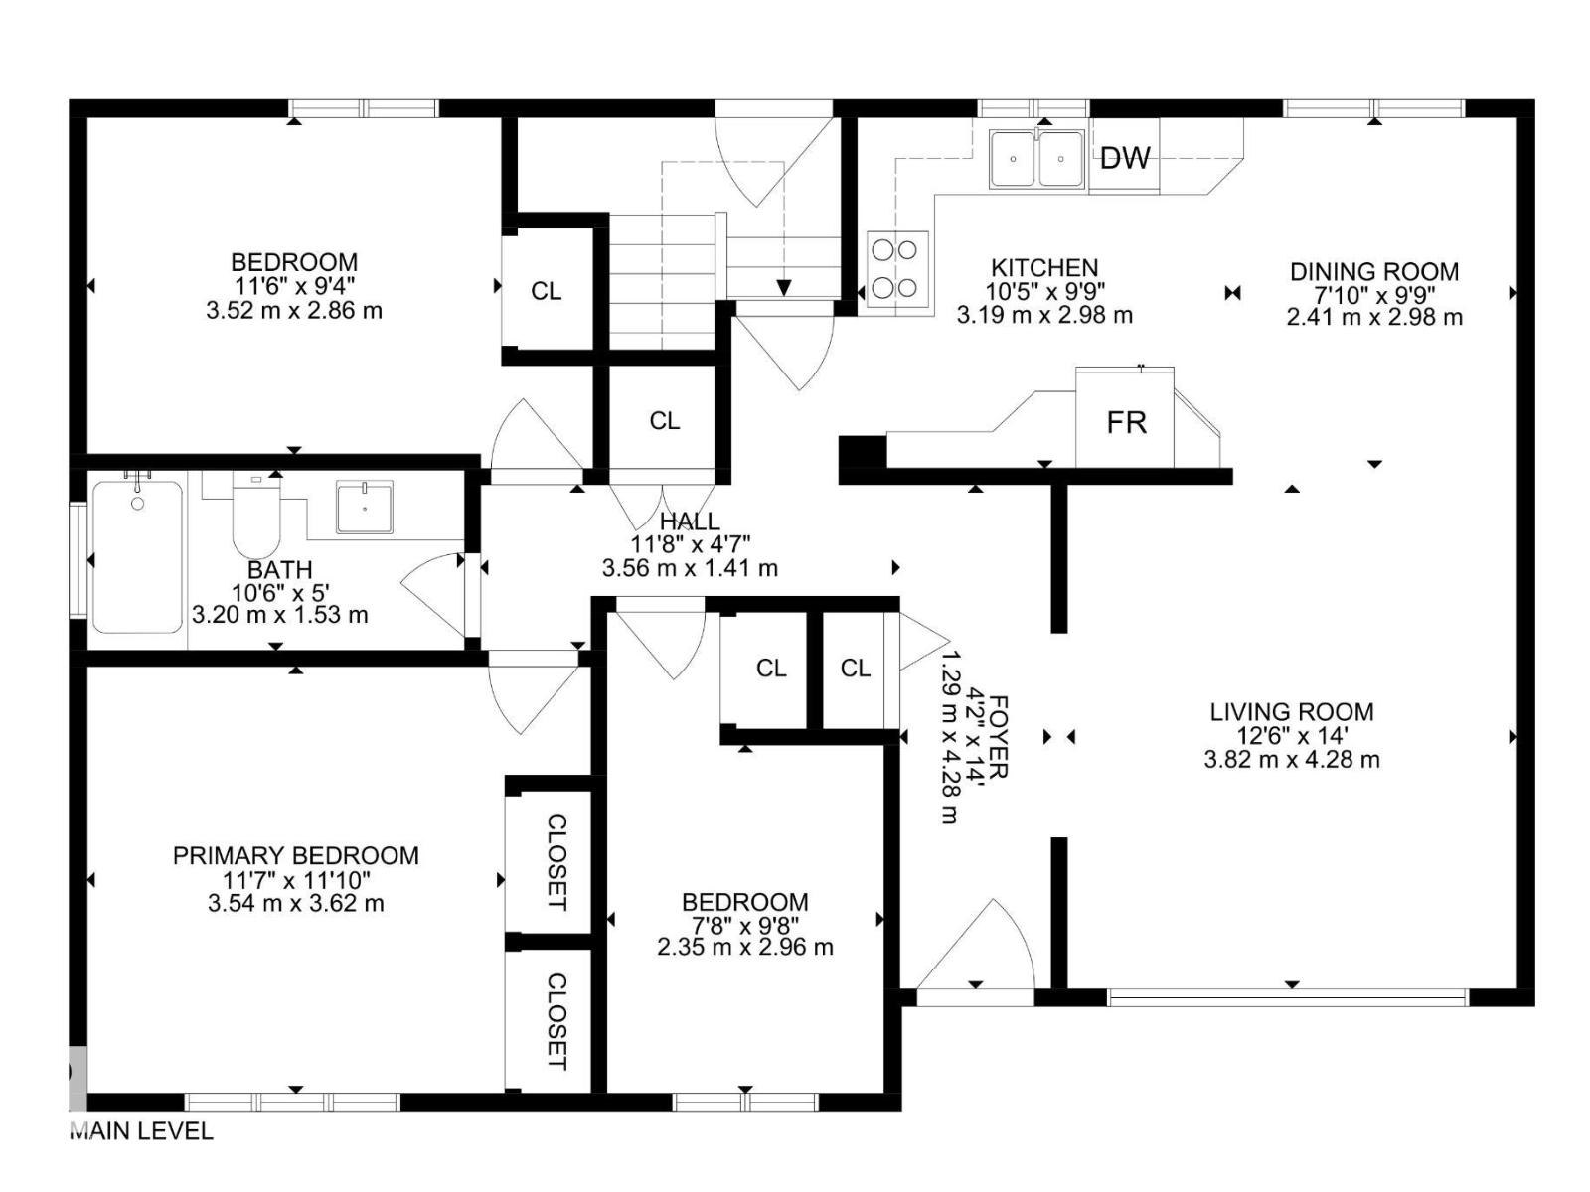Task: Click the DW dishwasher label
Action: click(1125, 157)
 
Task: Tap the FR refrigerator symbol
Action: click(1126, 422)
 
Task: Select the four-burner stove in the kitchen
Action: click(897, 268)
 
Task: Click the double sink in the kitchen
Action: click(1036, 159)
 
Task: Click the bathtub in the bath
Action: click(137, 557)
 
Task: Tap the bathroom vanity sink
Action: click(364, 507)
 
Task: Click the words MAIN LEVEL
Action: click(141, 1130)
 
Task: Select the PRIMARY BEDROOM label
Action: click(295, 855)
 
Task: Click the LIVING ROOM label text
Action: click(1291, 711)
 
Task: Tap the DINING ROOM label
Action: click(1373, 271)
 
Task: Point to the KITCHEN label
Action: click(1043, 267)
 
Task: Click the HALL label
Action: click(690, 521)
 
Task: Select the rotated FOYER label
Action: click(999, 737)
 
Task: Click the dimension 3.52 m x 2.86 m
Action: click(293, 310)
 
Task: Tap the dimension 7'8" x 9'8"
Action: click(744, 925)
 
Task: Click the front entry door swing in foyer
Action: click(979, 949)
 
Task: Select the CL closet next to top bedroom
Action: click(546, 291)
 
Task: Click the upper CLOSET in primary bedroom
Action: click(556, 861)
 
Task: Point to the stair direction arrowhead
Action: click(783, 288)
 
